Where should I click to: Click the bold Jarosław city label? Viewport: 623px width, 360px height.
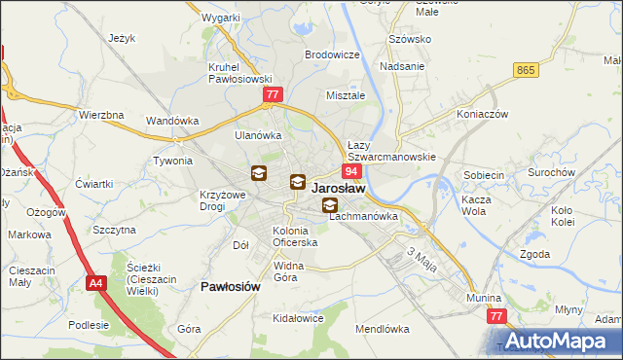(339, 189)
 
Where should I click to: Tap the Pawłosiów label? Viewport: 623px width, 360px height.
(230, 287)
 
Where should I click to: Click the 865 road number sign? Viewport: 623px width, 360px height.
(527, 70)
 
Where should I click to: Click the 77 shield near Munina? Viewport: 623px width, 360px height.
(497, 317)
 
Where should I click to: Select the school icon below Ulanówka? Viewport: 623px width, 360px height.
(259, 174)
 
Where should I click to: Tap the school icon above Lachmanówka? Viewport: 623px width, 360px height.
(331, 204)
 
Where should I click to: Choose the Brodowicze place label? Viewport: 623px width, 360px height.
(332, 55)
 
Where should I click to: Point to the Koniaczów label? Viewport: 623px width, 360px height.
(482, 113)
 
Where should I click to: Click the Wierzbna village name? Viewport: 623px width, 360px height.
(101, 115)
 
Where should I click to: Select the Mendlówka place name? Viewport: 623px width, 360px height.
(382, 330)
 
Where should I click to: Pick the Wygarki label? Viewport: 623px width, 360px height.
(221, 18)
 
